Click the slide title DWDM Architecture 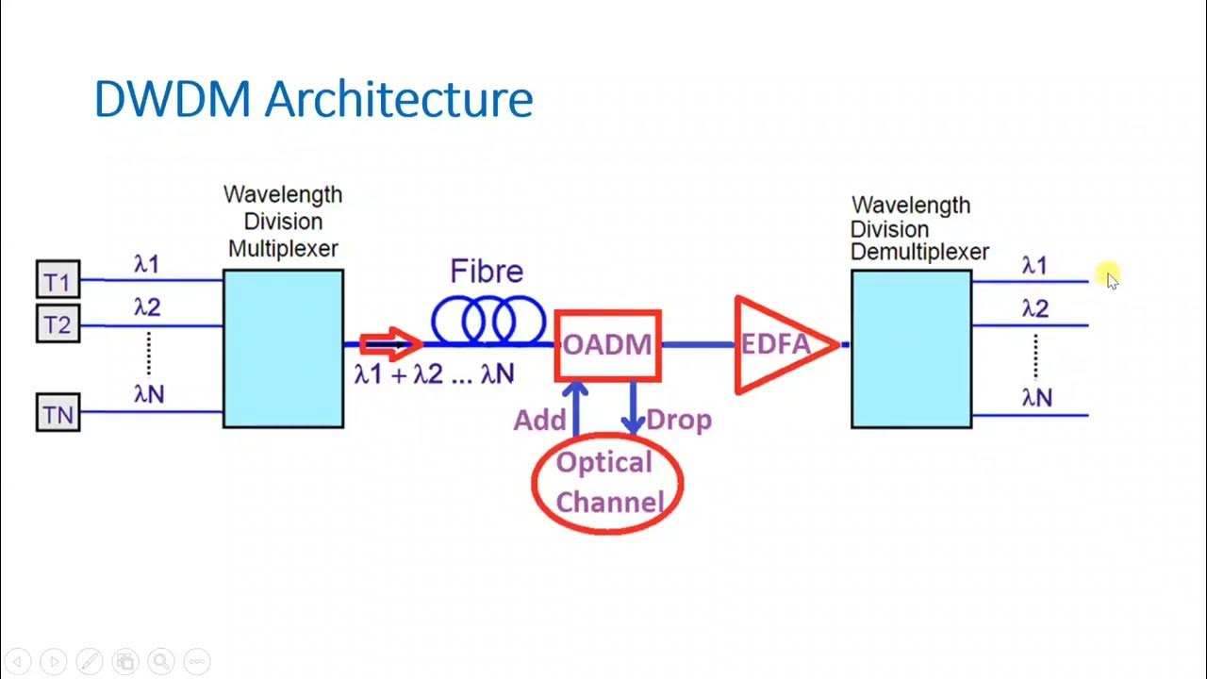pyautogui.click(x=313, y=99)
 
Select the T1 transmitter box pyautogui.click(x=58, y=281)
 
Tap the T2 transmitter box pyautogui.click(x=58, y=324)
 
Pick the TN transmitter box pyautogui.click(x=58, y=414)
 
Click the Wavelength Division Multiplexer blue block pyautogui.click(x=283, y=349)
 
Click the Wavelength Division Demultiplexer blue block pyautogui.click(x=911, y=349)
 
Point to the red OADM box pyautogui.click(x=607, y=345)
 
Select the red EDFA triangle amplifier pyautogui.click(x=778, y=345)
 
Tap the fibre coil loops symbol pyautogui.click(x=488, y=321)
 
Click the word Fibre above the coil pyautogui.click(x=486, y=273)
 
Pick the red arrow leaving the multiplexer pyautogui.click(x=389, y=344)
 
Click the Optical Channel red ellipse pyautogui.click(x=607, y=483)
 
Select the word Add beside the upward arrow pyautogui.click(x=538, y=421)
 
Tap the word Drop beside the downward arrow pyautogui.click(x=679, y=421)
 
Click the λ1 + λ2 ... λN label pyautogui.click(x=434, y=374)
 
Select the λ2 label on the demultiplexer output pyautogui.click(x=1034, y=309)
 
